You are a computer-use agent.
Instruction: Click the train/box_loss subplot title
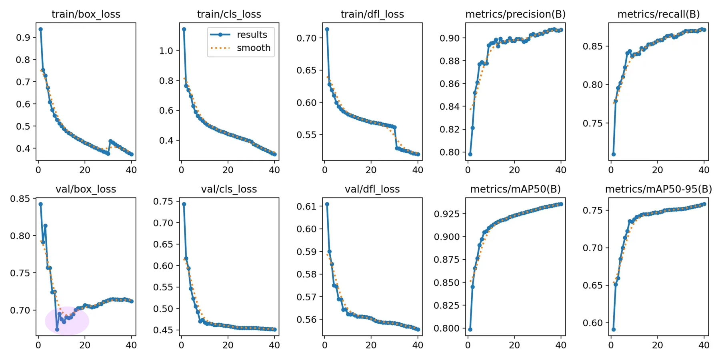point(86,14)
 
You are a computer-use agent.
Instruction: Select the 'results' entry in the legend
point(252,35)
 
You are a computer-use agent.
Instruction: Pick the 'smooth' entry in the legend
point(253,48)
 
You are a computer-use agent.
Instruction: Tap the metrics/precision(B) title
point(515,14)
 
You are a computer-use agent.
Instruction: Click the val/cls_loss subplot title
point(229,189)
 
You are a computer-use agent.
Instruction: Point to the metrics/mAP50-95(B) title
point(658,189)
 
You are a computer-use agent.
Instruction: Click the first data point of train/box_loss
point(40,29)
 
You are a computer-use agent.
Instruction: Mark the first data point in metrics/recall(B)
point(614,154)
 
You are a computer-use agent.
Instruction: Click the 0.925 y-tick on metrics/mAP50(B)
point(444,214)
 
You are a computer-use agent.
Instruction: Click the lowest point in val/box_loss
point(57,330)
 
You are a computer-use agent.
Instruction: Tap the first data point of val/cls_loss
point(184,204)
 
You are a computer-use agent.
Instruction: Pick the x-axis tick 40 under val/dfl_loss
point(418,345)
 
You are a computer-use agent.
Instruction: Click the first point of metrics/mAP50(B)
point(470,330)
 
